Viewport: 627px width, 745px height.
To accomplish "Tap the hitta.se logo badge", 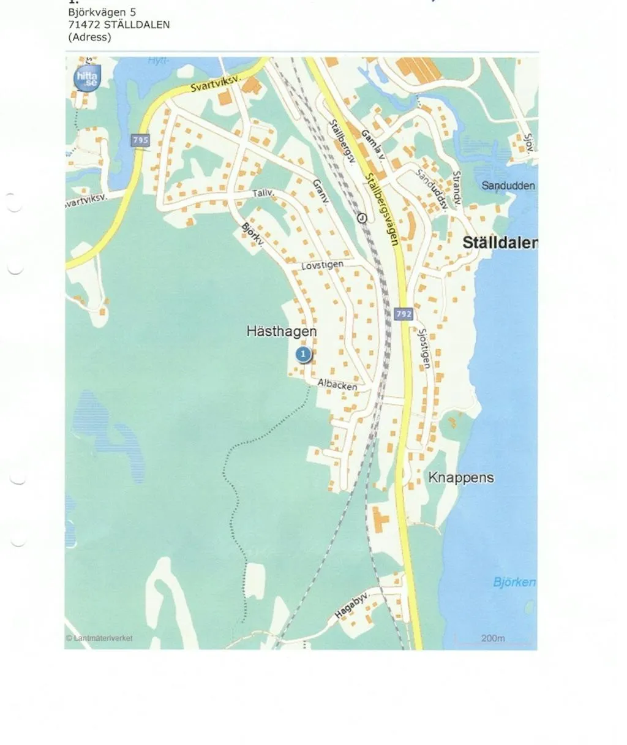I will click(87, 78).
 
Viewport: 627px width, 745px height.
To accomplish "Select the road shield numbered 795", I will click(140, 140).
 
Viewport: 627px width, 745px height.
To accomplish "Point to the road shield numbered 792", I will click(404, 314).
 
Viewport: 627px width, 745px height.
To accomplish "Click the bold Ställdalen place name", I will click(500, 242).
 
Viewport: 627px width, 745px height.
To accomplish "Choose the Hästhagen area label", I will click(282, 331).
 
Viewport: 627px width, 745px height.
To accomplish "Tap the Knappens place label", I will click(460, 477).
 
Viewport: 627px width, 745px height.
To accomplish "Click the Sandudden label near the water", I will click(508, 186).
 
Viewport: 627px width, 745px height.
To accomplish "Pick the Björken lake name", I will click(514, 582).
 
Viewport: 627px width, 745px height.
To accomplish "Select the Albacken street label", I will click(337, 385).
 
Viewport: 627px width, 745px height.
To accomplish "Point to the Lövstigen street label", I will click(323, 265).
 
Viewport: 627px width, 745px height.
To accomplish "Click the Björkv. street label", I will click(252, 235).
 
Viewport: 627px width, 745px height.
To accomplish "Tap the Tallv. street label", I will click(263, 193).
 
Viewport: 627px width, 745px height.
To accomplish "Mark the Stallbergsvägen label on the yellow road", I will click(381, 208).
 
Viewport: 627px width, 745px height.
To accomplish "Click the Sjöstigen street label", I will click(424, 348).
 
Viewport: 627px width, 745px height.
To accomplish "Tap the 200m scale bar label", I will click(493, 638).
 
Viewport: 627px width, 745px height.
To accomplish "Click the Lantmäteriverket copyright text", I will click(99, 638).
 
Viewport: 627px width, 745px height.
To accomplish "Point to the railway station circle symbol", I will click(362, 217).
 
